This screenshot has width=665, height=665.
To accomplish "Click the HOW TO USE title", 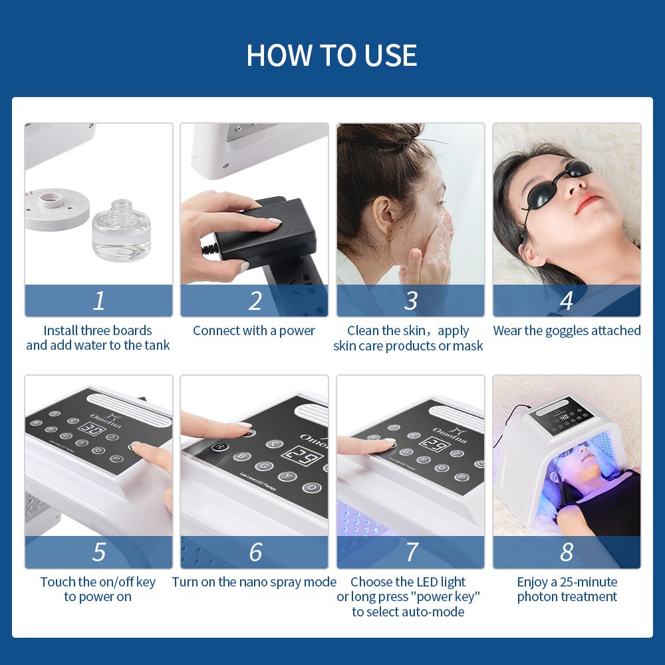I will [x=332, y=55].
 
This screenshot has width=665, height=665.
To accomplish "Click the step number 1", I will [x=98, y=301].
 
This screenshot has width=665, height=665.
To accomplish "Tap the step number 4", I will [x=567, y=301].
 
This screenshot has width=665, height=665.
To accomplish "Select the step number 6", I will [x=255, y=552].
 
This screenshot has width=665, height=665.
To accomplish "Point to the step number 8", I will [x=567, y=552].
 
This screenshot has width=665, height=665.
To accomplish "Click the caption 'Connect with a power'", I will [x=254, y=331].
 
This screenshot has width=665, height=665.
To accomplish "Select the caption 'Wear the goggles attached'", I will [x=567, y=331].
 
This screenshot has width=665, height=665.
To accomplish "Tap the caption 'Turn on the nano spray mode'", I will [x=254, y=582].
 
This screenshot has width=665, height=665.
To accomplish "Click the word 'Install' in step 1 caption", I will [x=61, y=331].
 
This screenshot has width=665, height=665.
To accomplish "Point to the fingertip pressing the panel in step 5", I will [x=137, y=448].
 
